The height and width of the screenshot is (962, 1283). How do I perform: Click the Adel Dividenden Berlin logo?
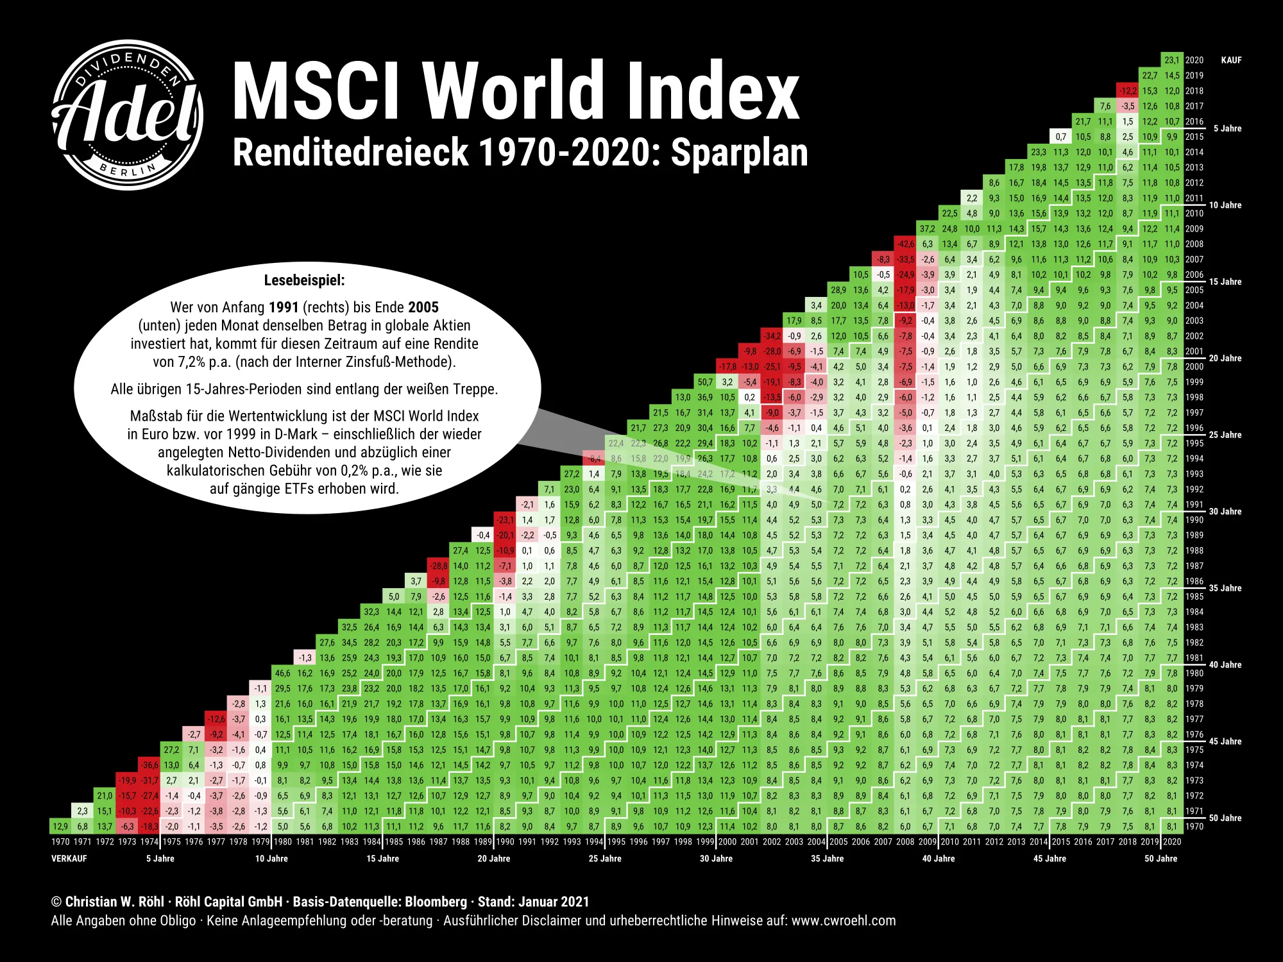pyautogui.click(x=128, y=115)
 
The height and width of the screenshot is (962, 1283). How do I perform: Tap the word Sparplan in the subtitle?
pyautogui.click(x=739, y=153)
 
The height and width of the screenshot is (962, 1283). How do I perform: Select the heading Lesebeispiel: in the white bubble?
pyautogui.click(x=304, y=280)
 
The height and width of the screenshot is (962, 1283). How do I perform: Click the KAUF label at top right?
pyautogui.click(x=1231, y=60)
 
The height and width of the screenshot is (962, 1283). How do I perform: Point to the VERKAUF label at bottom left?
pyautogui.click(x=69, y=859)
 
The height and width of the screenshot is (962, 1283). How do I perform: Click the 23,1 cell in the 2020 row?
pyautogui.click(x=1172, y=60)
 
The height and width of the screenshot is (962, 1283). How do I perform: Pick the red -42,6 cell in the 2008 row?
pyautogui.click(x=905, y=244)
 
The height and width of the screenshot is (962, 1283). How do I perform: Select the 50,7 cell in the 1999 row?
pyautogui.click(x=705, y=382)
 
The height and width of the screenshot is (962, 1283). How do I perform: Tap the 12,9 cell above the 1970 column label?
pyautogui.click(x=60, y=827)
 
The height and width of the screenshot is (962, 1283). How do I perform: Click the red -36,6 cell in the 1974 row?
pyautogui.click(x=149, y=765)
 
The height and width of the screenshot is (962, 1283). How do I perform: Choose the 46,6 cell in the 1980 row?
pyautogui.click(x=283, y=673)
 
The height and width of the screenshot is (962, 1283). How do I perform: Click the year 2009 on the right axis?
pyautogui.click(x=1194, y=229)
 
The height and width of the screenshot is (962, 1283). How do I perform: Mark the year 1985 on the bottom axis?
pyautogui.click(x=394, y=842)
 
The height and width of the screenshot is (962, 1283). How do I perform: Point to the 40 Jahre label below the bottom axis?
pyautogui.click(x=938, y=859)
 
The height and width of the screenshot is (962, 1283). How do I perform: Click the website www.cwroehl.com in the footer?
pyautogui.click(x=843, y=921)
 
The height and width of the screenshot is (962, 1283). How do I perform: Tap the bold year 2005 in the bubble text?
pyautogui.click(x=423, y=307)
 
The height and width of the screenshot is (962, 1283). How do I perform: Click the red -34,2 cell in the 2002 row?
pyautogui.click(x=772, y=336)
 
